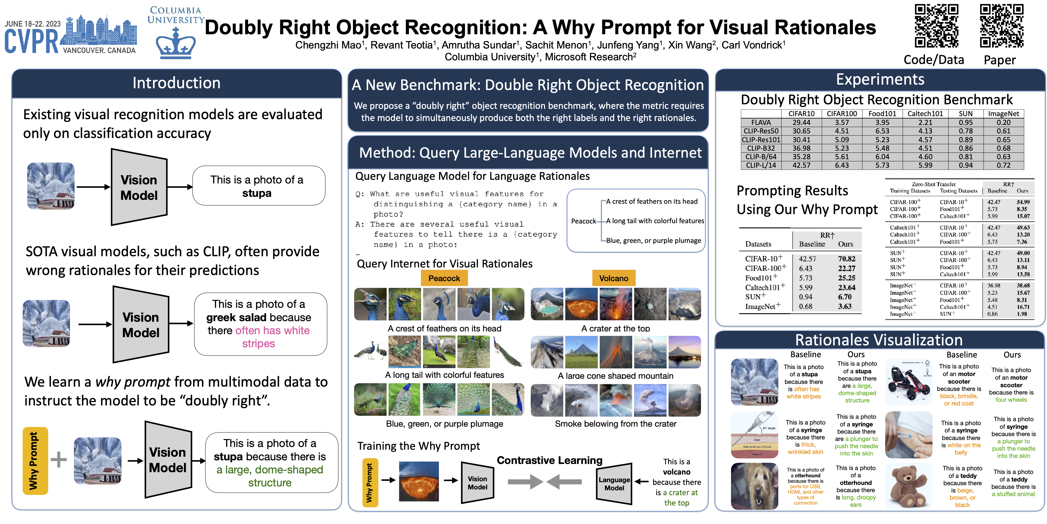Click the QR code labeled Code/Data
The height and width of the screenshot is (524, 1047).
coord(936,26)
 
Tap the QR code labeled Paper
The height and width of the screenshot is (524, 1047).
coord(1001,26)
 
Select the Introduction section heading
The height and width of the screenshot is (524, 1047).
coord(176,83)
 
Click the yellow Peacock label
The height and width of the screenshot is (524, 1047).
coord(444,278)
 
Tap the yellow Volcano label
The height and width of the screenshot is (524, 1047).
coord(613,278)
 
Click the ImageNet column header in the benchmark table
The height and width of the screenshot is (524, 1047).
coord(1003,113)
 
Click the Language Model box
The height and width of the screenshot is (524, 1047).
coord(614,484)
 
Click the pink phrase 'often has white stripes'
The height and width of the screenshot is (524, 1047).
coord(258,337)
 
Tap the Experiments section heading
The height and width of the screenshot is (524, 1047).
coord(880,80)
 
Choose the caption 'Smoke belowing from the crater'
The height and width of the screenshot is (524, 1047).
coord(615,424)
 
